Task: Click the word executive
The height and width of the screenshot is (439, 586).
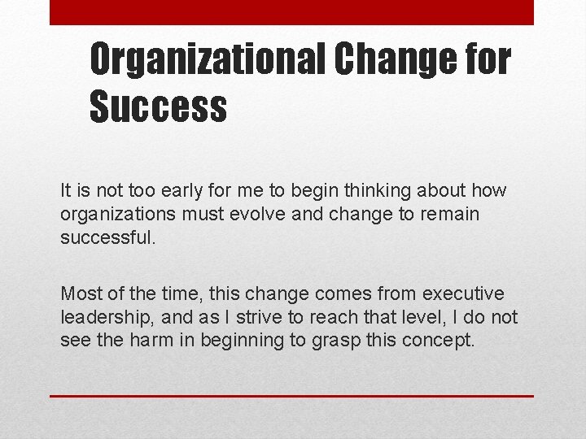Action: [465, 293]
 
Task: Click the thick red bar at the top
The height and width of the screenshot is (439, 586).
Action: [291, 12]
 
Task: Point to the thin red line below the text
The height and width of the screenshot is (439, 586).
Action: [291, 396]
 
